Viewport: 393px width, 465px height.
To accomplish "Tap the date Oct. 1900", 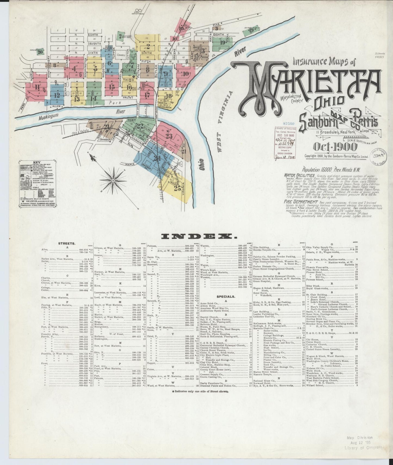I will tap(337, 147).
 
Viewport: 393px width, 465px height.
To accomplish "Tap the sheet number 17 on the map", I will tap(147, 95).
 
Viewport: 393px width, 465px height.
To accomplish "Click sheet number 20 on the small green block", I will tap(41, 52).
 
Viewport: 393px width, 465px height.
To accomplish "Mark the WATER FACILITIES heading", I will tap(299, 176).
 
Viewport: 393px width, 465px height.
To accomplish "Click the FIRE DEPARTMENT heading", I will tap(301, 202).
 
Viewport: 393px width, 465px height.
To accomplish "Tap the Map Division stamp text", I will tap(360, 438).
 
